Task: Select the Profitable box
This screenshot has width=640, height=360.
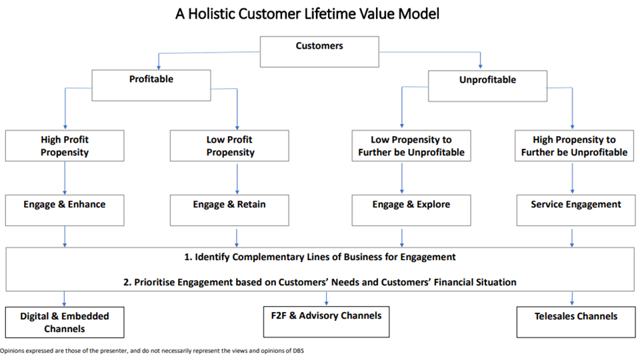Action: point(151,85)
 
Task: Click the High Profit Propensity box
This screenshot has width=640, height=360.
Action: point(65,146)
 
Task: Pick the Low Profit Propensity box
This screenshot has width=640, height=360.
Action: point(230,146)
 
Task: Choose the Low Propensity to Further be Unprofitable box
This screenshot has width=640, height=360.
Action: point(411,146)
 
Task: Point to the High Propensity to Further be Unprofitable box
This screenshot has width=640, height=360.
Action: point(574,146)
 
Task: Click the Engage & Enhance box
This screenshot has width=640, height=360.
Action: point(65,209)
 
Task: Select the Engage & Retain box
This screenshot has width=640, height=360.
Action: point(230,209)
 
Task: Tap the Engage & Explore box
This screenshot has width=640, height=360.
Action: point(411,209)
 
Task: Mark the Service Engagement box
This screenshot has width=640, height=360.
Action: point(574,209)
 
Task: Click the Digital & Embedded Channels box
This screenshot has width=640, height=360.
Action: point(65,322)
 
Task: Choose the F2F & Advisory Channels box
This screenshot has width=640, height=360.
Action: point(325,321)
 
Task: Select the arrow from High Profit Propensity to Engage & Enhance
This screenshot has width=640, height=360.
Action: point(65,178)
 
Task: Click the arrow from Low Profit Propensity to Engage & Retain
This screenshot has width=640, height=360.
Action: point(237,178)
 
